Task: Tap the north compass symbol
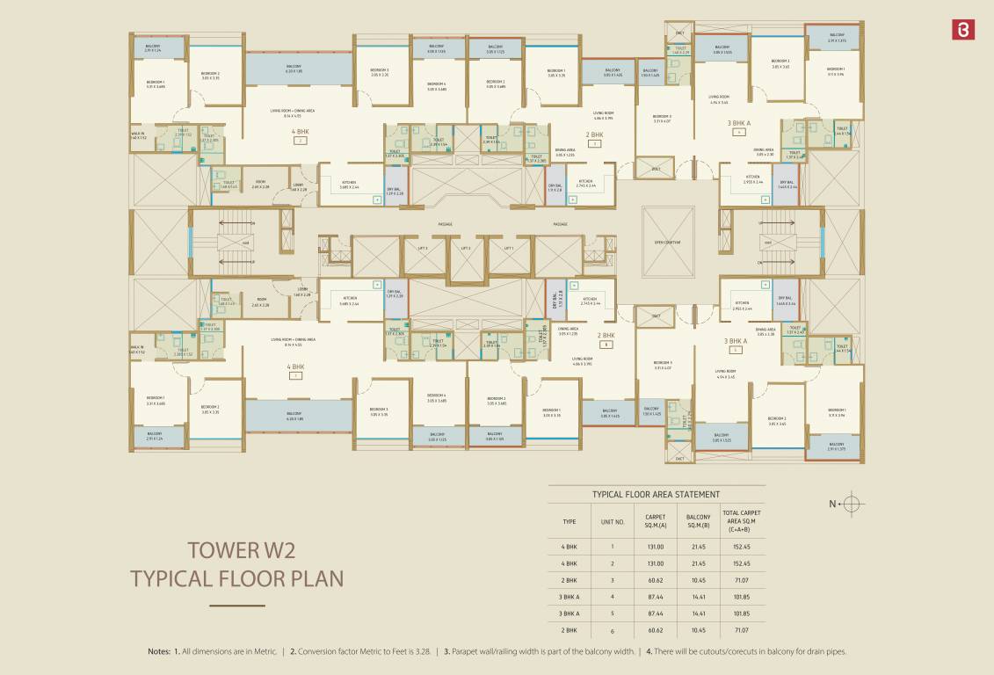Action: pos(853,504)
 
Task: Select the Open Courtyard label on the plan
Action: pos(668,242)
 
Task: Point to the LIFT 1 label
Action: pos(508,249)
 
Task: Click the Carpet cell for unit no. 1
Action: pos(656,547)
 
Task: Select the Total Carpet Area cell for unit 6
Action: pos(742,630)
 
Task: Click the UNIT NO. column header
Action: pos(613,521)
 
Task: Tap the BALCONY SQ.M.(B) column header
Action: pos(698,521)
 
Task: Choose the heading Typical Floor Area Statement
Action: pos(656,495)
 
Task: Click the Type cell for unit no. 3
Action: pos(570,580)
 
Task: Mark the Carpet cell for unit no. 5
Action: pos(656,613)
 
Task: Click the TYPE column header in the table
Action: pos(570,521)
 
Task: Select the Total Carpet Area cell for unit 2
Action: pos(742,563)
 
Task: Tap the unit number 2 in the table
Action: pos(613,563)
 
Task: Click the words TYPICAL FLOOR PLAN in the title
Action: pos(236,579)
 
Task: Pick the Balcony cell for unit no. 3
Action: pos(698,580)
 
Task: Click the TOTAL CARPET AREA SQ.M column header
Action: pos(742,521)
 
